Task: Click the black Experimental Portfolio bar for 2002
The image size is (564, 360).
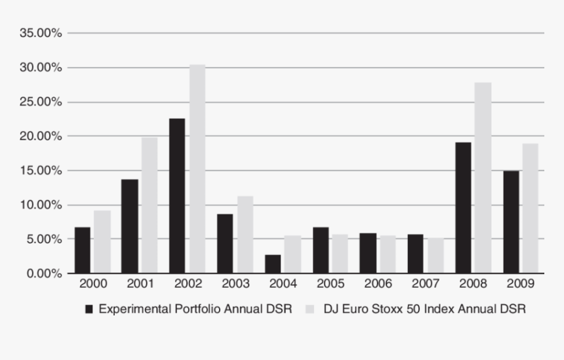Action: point(177,195)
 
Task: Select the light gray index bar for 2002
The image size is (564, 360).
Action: point(197,169)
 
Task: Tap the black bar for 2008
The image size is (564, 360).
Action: point(464,207)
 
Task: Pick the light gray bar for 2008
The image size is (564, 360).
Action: point(483,178)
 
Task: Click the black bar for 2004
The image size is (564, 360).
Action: point(273,264)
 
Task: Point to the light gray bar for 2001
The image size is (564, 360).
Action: point(149,205)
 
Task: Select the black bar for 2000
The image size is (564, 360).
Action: point(83,250)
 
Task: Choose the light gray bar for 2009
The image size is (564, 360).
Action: point(530,208)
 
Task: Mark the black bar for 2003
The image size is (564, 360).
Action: point(225,243)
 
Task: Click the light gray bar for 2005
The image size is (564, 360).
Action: point(340,253)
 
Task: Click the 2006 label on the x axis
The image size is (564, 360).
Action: point(378,284)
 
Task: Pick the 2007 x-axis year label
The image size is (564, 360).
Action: point(426,284)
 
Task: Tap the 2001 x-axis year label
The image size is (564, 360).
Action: point(139,284)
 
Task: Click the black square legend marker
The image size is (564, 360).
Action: point(90,308)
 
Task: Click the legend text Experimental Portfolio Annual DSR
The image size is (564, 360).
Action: point(195,308)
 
